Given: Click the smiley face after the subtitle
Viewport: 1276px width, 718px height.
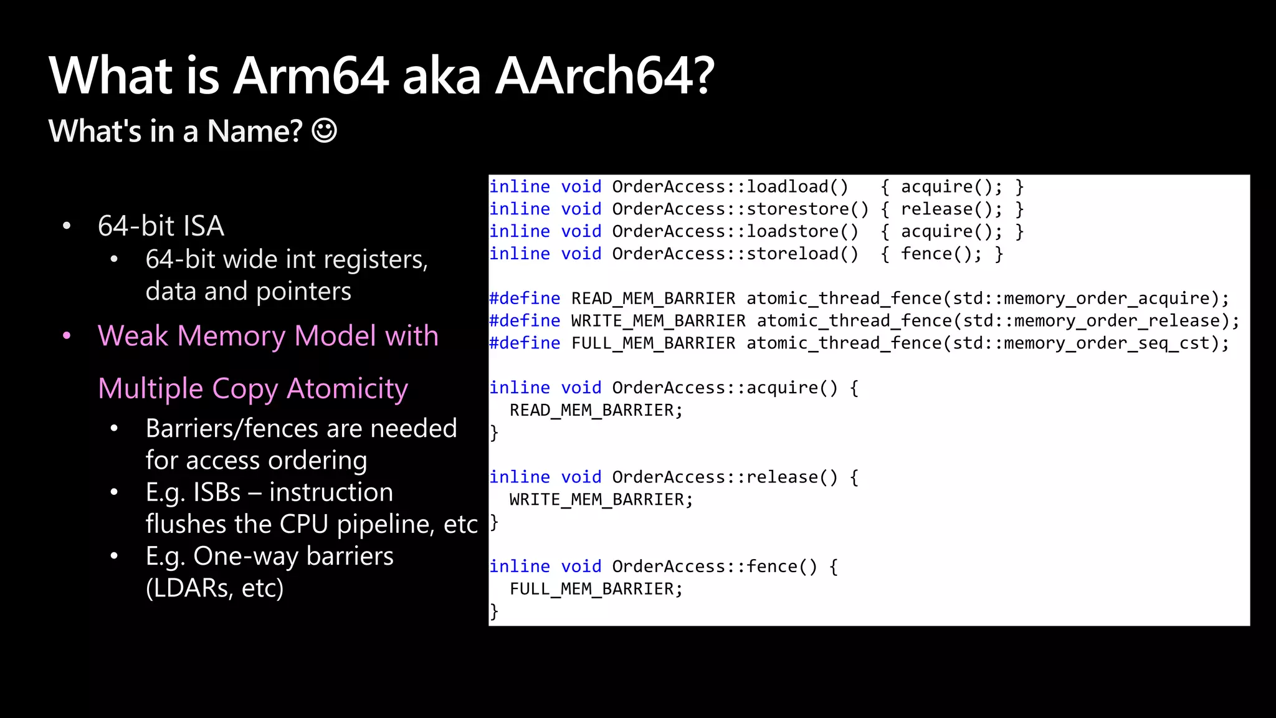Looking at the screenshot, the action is pyautogui.click(x=324, y=131).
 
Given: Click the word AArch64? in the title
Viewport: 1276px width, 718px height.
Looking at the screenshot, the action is pyautogui.click(x=604, y=76).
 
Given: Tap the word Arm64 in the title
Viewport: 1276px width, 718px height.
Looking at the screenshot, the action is pyautogui.click(x=311, y=76).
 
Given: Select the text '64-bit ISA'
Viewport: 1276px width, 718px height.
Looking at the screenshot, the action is pyautogui.click(x=161, y=226).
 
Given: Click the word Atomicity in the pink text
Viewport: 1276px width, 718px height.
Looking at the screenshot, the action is pyautogui.click(x=347, y=389).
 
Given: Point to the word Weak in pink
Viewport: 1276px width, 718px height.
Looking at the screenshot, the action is pyautogui.click(x=133, y=336).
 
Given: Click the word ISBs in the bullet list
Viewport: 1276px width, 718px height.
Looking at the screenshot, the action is pyautogui.click(x=216, y=492).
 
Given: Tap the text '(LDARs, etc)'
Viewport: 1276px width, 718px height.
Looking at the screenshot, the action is pyautogui.click(x=214, y=588).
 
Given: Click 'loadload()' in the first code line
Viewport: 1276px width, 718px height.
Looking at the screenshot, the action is pyautogui.click(x=797, y=187).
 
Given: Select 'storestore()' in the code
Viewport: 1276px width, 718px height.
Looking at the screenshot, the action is pyautogui.click(x=807, y=209).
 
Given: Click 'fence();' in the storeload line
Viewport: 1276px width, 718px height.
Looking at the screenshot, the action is pyautogui.click(x=941, y=254).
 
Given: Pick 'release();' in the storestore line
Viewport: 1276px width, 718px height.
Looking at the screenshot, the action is pyautogui.click(x=951, y=209).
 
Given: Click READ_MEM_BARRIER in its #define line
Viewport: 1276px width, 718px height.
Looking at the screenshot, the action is pyautogui.click(x=653, y=299).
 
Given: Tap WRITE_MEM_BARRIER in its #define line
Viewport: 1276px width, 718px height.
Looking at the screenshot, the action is pyautogui.click(x=658, y=321).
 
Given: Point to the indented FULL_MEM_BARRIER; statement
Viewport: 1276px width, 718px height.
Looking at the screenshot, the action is pyautogui.click(x=596, y=589).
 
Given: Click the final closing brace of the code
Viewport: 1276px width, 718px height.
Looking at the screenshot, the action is pyautogui.click(x=494, y=611).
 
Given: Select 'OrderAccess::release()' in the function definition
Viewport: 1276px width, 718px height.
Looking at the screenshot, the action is pyautogui.click(x=725, y=477).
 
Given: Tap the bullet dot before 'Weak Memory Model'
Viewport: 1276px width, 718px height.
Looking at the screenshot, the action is pyautogui.click(x=67, y=337).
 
